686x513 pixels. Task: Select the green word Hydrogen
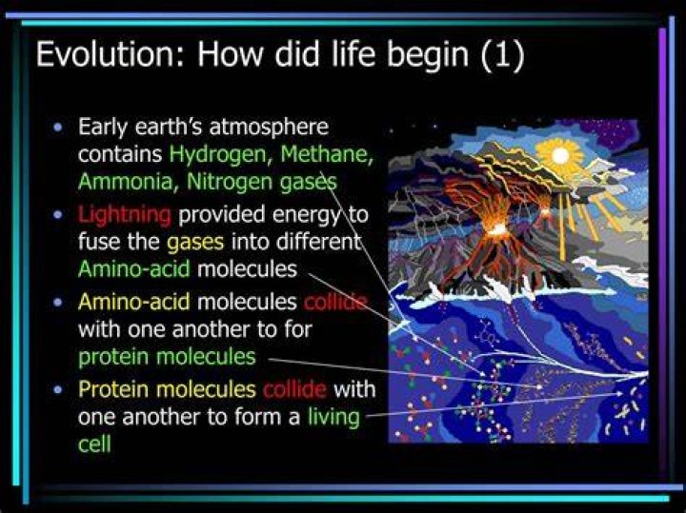coord(218,155)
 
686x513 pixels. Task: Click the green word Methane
coord(327,154)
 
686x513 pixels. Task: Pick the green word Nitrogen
coord(230,183)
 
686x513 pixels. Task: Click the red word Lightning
coord(125,215)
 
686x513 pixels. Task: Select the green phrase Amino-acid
coord(134,268)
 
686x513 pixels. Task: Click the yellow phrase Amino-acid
coord(134,302)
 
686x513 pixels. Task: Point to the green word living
coord(333,417)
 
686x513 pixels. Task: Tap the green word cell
coord(94,444)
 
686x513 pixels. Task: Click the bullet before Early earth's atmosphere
coord(57,128)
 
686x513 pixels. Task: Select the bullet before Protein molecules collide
coord(57,390)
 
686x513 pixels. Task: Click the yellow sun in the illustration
coord(560,155)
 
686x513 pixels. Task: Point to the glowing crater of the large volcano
coord(497,228)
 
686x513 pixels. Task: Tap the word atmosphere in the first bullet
coord(269,128)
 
